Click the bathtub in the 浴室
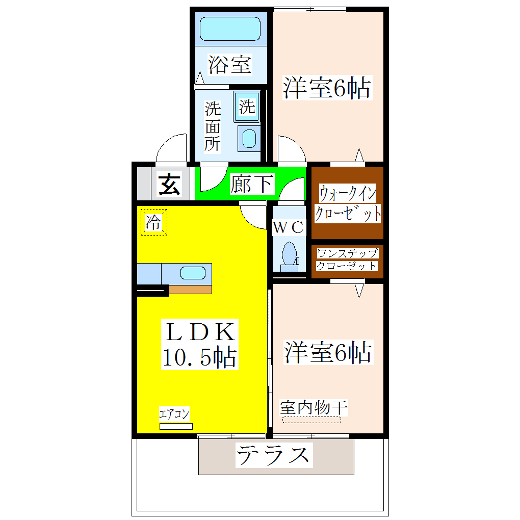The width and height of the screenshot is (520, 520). tap(230, 29)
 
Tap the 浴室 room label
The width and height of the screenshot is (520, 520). tap(230, 65)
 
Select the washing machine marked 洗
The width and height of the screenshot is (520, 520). tap(247, 107)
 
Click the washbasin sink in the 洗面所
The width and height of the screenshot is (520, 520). tap(249, 138)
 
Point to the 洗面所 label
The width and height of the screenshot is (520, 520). tap(213, 126)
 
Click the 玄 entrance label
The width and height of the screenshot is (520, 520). tap(169, 184)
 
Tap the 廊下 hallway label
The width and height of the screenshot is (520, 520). tap(252, 184)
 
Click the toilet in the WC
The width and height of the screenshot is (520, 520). tap(289, 254)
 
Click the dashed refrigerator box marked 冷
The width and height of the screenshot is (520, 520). tap(154, 222)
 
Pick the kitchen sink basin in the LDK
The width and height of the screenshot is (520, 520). tap(193, 273)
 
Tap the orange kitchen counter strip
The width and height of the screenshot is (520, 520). tap(190, 290)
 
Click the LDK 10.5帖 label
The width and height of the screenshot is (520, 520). tap(199, 345)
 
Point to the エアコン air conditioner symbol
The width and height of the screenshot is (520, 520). tap(176, 426)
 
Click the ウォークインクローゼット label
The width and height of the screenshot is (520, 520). tap(348, 203)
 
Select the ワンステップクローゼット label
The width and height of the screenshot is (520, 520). tap(347, 259)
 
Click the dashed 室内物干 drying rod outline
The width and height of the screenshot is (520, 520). tap(311, 420)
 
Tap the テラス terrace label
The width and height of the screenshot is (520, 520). tap(274, 455)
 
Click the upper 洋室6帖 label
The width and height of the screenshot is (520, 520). tap(327, 88)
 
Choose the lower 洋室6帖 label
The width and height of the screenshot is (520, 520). tap(327, 352)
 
